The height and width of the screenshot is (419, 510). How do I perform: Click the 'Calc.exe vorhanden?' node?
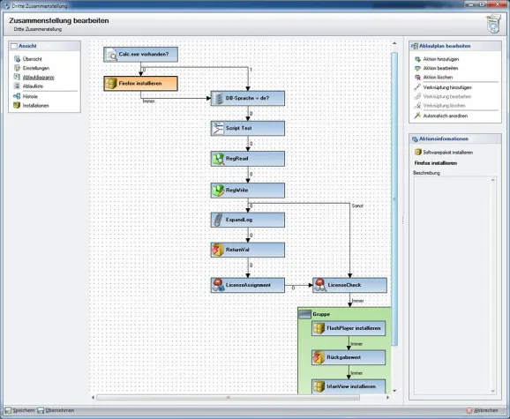pyautogui.click(x=140, y=54)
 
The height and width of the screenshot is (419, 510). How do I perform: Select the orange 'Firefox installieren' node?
pyautogui.click(x=140, y=84)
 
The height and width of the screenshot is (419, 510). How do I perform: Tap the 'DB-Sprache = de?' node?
pyautogui.click(x=247, y=98)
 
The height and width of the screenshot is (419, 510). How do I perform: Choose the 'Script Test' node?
pyautogui.click(x=247, y=129)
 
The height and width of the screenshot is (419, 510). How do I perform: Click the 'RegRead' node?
pyautogui.click(x=247, y=159)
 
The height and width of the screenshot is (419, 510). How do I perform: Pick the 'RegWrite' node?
pyautogui.click(x=247, y=190)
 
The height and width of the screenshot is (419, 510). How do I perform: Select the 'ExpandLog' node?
pyautogui.click(x=247, y=219)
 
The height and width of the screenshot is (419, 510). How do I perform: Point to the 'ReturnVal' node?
pyautogui.click(x=247, y=250)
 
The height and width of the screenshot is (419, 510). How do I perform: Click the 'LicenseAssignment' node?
pyautogui.click(x=247, y=285)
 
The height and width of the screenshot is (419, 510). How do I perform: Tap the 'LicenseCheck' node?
pyautogui.click(x=349, y=285)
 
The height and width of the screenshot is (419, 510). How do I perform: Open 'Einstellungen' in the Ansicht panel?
pyautogui.click(x=36, y=68)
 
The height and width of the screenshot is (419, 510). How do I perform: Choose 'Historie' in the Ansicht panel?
pyautogui.click(x=32, y=96)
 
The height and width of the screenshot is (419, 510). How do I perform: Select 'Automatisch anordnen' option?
pyautogui.click(x=446, y=116)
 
